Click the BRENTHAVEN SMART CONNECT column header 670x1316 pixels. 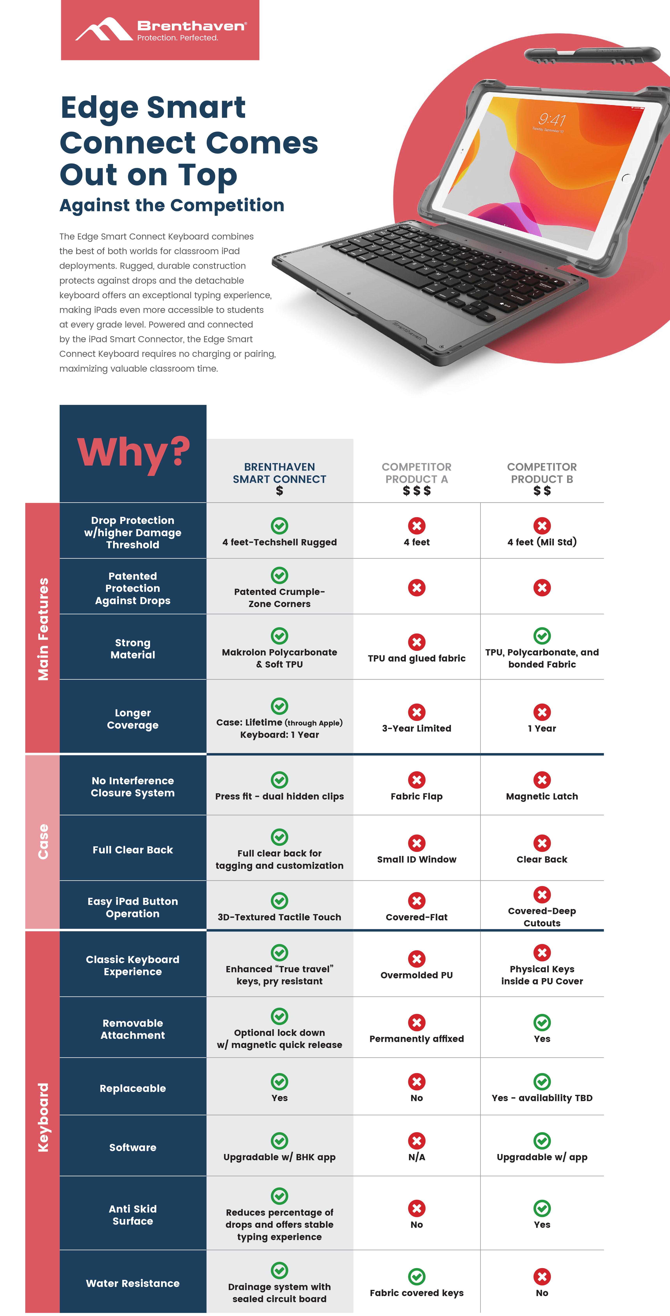click(280, 473)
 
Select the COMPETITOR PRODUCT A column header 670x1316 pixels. click(417, 473)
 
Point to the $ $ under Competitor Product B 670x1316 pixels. click(542, 491)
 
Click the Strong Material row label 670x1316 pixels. click(133, 649)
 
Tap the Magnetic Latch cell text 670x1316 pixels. click(542, 796)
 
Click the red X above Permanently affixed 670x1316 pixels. click(417, 1022)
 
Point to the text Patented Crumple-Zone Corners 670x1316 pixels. click(280, 598)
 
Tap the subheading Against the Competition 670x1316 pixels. click(172, 205)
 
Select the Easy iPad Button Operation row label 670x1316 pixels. click(133, 907)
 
